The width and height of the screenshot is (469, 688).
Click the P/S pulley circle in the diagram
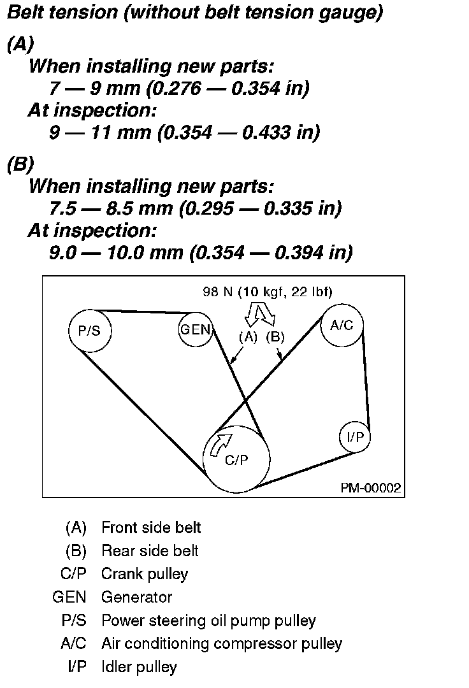[x=89, y=330]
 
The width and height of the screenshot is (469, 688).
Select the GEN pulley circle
[x=195, y=329]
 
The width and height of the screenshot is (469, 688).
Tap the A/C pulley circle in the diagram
[x=342, y=326]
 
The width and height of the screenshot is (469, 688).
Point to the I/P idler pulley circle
[x=354, y=437]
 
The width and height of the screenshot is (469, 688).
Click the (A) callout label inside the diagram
[x=247, y=337]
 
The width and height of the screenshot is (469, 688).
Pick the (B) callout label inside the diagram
[x=275, y=337]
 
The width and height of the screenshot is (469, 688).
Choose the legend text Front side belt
[x=151, y=527]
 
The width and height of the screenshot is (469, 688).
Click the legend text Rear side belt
[x=150, y=550]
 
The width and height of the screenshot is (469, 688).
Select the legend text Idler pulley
[x=139, y=666]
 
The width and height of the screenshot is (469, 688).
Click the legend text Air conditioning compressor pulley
[x=221, y=643]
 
